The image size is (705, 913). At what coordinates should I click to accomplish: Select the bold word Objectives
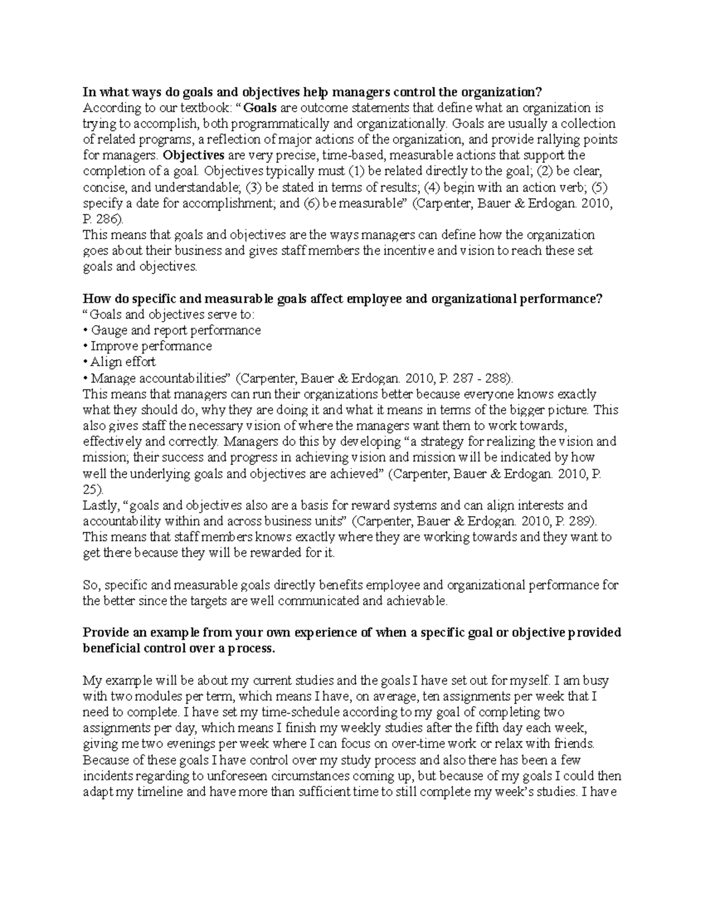click(x=194, y=156)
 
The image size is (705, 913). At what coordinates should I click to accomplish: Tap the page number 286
click(x=108, y=219)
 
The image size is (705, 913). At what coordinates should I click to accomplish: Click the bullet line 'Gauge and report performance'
click(x=175, y=330)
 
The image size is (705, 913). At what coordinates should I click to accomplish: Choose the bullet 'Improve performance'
click(x=151, y=346)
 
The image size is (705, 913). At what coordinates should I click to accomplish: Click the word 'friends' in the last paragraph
click(x=575, y=744)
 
